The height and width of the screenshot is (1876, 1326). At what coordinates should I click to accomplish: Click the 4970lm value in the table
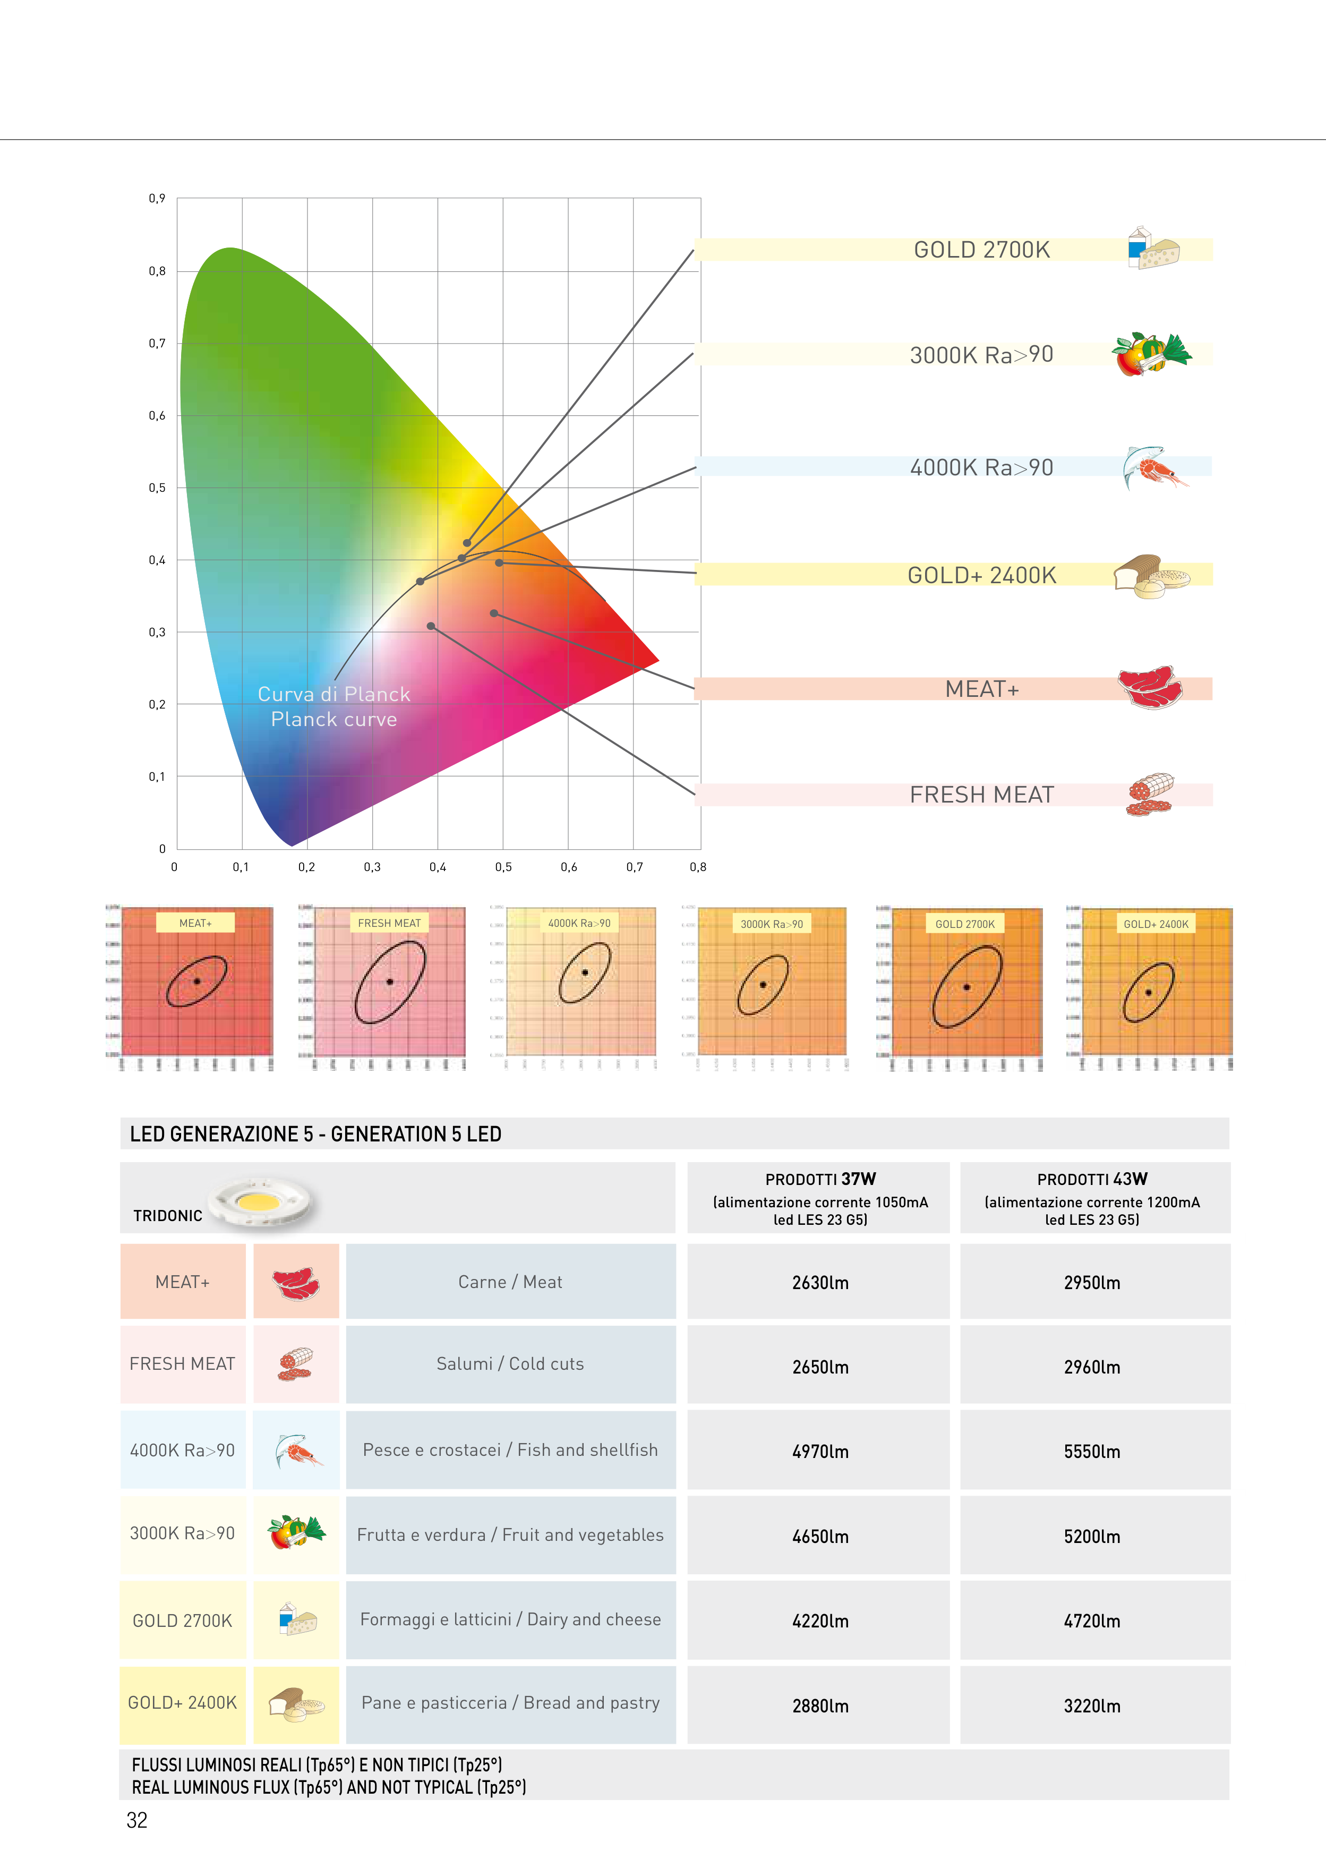819,1451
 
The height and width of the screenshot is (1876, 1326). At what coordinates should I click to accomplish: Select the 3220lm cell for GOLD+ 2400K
1091,1705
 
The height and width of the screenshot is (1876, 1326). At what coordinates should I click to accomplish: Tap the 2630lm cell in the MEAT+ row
819,1282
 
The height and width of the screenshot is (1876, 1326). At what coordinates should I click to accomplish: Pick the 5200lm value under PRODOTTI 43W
1091,1536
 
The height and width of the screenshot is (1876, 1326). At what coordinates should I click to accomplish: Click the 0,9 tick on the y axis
157,199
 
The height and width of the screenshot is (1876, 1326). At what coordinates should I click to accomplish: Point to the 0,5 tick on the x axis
503,867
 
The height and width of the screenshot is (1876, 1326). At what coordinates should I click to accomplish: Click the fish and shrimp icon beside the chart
1153,467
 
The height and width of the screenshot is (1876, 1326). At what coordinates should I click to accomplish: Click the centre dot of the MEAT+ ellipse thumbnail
197,982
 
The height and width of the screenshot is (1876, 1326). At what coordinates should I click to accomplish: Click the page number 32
136,1820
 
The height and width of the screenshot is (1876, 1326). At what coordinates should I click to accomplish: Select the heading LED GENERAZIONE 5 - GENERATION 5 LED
315,1134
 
